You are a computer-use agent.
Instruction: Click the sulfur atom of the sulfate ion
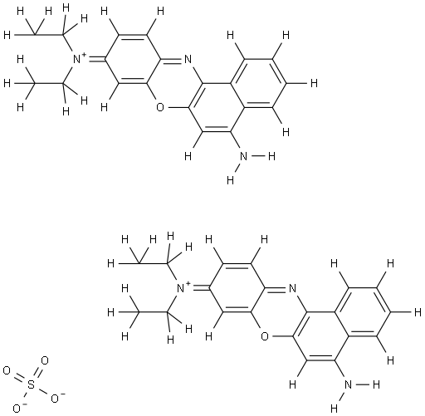[x=31, y=385]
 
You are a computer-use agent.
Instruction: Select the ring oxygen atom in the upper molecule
[x=160, y=107]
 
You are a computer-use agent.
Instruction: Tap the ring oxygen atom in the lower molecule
[x=265, y=336]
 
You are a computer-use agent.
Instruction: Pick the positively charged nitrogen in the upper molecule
[x=76, y=59]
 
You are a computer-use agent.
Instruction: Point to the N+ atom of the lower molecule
[x=181, y=288]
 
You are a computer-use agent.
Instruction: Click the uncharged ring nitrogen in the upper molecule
[x=188, y=59]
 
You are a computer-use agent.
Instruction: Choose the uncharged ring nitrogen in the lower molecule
[x=292, y=288]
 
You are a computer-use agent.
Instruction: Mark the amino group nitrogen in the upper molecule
[x=243, y=156]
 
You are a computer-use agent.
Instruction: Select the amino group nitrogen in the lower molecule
[x=348, y=384]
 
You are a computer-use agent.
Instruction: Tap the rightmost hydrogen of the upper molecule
[x=314, y=83]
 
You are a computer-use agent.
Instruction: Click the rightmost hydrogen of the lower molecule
[x=418, y=312]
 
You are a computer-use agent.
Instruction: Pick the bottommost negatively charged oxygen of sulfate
[x=17, y=409]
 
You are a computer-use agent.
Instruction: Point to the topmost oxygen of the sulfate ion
[x=45, y=360]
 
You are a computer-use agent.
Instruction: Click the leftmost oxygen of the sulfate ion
[x=7, y=371]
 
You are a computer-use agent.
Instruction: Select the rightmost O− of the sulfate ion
[x=55, y=399]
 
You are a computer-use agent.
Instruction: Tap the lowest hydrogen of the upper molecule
[x=230, y=180]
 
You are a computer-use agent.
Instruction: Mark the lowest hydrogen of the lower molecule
[x=335, y=409]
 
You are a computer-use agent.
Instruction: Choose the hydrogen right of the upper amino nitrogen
[x=271, y=156]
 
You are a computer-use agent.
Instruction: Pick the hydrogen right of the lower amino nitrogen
[x=376, y=384]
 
